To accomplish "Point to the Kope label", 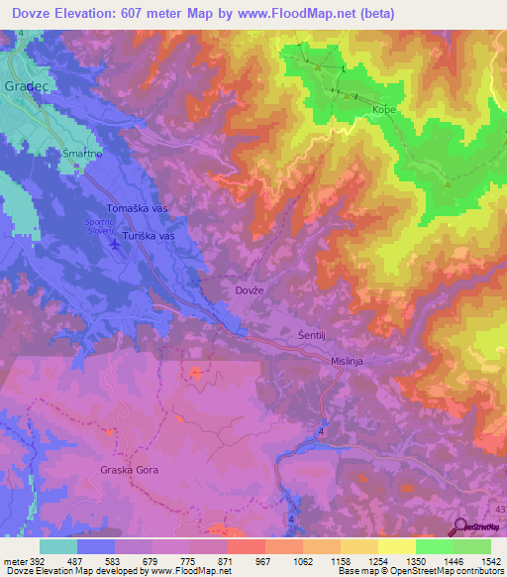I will point(384,111).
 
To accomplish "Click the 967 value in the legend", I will point(263,561).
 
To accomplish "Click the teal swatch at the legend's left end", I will point(58,546).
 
